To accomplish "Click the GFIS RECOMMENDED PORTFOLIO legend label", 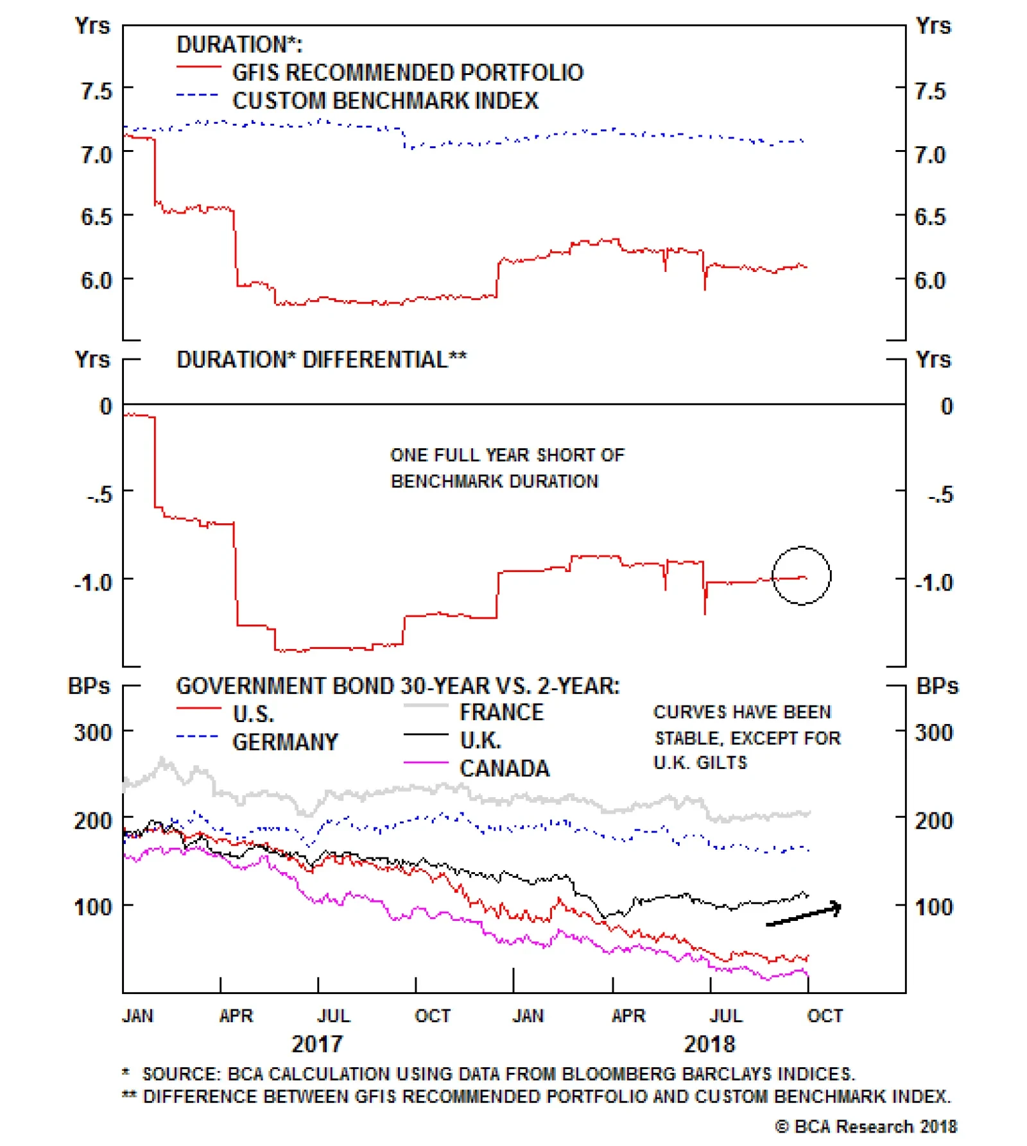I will point(408,72).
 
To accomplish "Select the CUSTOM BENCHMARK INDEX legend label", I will point(385,101).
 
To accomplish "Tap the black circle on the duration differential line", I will point(801,575).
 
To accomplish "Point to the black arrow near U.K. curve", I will point(804,915).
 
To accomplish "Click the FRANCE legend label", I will point(501,712).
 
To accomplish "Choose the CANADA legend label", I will point(505,768).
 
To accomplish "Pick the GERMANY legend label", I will point(285,742).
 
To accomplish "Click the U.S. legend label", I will point(253,714).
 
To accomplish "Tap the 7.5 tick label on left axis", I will point(96,90).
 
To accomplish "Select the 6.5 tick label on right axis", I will point(930,217).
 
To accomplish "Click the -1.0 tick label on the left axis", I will point(93,582).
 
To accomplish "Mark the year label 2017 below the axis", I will point(317,1044).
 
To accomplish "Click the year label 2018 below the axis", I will point(709,1044).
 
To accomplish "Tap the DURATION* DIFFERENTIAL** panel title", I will point(322,359).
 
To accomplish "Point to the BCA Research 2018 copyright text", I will point(866,1126).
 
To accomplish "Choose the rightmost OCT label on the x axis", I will point(825,1016).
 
